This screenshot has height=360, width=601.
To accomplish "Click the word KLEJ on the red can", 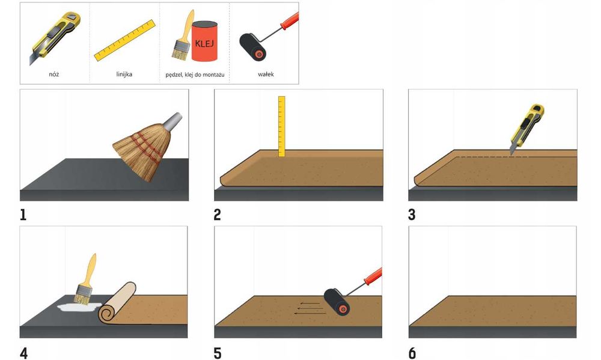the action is click(204, 43).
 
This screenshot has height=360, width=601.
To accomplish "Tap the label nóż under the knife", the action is click(54, 75).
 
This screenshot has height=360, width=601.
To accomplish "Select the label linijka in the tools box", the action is click(124, 75).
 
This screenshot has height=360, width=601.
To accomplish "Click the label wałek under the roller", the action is click(266, 75).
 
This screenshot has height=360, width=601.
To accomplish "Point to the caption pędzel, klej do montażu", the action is click(195, 75).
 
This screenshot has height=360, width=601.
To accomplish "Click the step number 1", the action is click(23, 215).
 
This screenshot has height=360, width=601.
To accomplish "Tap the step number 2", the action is click(218, 215).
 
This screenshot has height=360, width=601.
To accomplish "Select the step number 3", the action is click(412, 215).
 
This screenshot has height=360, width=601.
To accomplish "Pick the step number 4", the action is click(24, 353).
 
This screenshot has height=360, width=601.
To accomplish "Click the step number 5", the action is click(218, 353).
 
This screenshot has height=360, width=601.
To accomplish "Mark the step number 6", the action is click(412, 353).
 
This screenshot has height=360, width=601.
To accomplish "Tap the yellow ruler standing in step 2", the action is click(282, 126).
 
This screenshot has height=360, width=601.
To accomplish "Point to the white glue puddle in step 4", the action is click(79, 307).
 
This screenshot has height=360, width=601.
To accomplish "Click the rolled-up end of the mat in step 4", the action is click(117, 303).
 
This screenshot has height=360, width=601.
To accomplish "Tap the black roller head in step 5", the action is click(337, 302).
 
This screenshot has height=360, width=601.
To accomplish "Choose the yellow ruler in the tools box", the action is click(124, 40).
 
